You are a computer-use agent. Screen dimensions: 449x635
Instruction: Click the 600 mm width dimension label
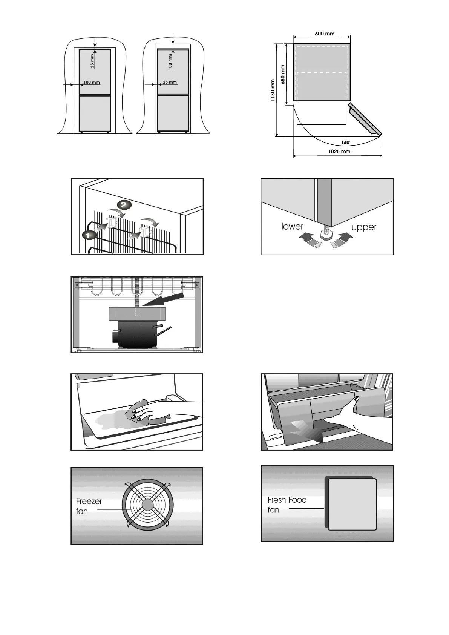tap(324, 34)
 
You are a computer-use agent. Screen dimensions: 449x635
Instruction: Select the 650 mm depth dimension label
tap(283, 75)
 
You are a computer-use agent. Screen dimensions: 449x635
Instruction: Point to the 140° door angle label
tap(346, 143)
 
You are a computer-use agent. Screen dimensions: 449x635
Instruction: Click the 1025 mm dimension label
tap(339, 152)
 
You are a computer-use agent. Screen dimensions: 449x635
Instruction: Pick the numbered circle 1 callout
tap(88, 235)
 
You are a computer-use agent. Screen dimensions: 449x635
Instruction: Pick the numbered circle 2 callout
tap(124, 205)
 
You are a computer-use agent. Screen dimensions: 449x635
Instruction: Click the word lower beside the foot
tap(292, 226)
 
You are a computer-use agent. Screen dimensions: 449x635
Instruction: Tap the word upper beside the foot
tap(364, 227)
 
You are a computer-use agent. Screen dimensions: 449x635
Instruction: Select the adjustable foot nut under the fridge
tap(326, 235)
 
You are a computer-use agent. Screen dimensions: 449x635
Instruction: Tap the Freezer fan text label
tap(89, 506)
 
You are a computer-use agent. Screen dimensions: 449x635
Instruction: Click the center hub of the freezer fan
tap(147, 505)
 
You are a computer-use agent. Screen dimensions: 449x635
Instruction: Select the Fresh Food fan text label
tap(287, 505)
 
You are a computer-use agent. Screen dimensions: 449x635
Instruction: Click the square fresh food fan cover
tap(352, 504)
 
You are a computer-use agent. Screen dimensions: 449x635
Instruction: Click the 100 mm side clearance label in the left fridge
tap(92, 82)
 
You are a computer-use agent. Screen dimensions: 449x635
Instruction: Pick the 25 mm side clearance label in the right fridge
tap(170, 82)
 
